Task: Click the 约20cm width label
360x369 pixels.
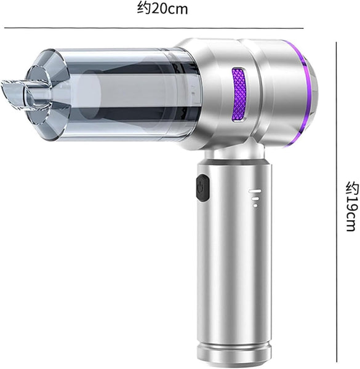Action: [x=162, y=9]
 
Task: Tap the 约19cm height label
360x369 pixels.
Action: [x=350, y=206]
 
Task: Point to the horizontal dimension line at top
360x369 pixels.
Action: [x=154, y=28]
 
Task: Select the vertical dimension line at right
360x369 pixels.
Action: [x=337, y=203]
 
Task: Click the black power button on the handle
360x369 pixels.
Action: [x=201, y=188]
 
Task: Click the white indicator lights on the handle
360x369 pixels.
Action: [x=254, y=199]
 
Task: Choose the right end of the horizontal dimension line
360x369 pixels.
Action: [x=303, y=28]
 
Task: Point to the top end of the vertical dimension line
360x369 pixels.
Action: [x=337, y=42]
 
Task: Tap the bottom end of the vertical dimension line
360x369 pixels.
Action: [x=337, y=363]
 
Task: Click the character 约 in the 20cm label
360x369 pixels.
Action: [x=142, y=9]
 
